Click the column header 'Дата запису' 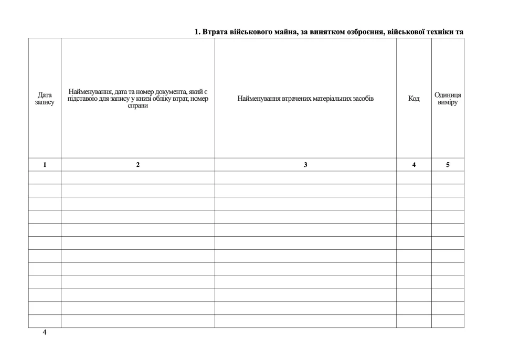(x=45, y=99)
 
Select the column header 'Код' (x=414, y=99)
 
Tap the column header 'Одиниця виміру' (x=448, y=99)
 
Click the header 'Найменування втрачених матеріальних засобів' (x=305, y=99)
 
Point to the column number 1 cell (x=45, y=165)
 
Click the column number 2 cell (x=138, y=165)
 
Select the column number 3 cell (x=305, y=165)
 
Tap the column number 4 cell (x=414, y=165)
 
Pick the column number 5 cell (x=448, y=165)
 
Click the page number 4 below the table (x=45, y=333)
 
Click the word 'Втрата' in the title (x=215, y=33)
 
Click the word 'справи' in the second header (x=138, y=106)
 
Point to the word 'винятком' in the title (x=326, y=33)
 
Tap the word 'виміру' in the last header (x=448, y=102)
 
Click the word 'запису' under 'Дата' (x=45, y=102)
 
